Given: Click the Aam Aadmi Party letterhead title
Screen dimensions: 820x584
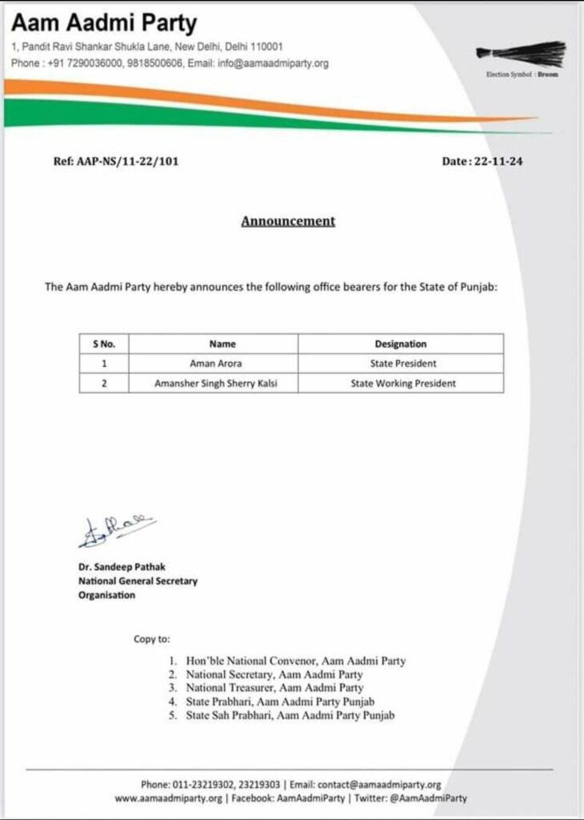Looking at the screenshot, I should pos(104,23).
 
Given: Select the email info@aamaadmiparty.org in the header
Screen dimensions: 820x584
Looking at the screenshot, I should pos(273,63).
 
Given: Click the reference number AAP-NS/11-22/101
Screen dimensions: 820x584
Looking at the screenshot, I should pos(116,161).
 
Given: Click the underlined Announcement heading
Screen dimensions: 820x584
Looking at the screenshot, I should pos(288,221).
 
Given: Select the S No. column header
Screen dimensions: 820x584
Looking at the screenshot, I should pos(104,344).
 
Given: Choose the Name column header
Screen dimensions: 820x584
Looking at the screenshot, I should pos(222,344).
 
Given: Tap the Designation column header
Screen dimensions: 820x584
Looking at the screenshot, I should pos(401,344).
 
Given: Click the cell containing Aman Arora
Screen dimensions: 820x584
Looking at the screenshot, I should pos(222,364).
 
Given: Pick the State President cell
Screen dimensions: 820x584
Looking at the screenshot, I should pos(401,364).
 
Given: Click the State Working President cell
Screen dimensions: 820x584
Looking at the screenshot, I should pos(403,384).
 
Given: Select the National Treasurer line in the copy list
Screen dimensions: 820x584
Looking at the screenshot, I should pos(274,688).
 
